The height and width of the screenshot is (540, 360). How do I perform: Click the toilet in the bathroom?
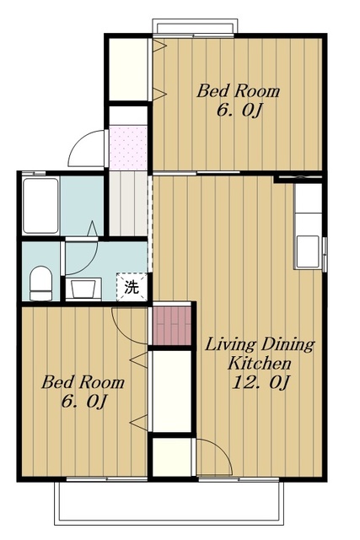click(x=40, y=283)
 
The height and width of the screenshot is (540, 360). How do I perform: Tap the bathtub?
click(x=40, y=206)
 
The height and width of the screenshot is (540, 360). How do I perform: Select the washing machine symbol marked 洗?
click(x=132, y=287)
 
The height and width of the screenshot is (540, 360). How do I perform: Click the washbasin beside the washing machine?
click(x=83, y=289)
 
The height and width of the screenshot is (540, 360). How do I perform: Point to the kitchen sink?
click(x=308, y=251)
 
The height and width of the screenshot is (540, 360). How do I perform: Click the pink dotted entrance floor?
click(x=127, y=148)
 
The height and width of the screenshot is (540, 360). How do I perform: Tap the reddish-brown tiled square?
click(x=172, y=326)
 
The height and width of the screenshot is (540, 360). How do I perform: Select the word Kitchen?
click(x=260, y=363)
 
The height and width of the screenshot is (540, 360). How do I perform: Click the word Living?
click(x=231, y=345)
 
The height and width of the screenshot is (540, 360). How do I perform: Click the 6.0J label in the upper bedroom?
click(x=239, y=111)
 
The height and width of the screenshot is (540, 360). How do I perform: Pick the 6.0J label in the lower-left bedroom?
click(x=84, y=402)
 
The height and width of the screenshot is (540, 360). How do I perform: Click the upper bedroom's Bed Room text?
click(x=238, y=91)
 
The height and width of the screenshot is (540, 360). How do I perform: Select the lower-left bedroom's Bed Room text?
click(x=83, y=382)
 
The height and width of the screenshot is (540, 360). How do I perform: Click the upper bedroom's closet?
click(x=128, y=69)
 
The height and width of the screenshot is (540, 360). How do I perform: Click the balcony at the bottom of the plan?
click(x=169, y=503)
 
